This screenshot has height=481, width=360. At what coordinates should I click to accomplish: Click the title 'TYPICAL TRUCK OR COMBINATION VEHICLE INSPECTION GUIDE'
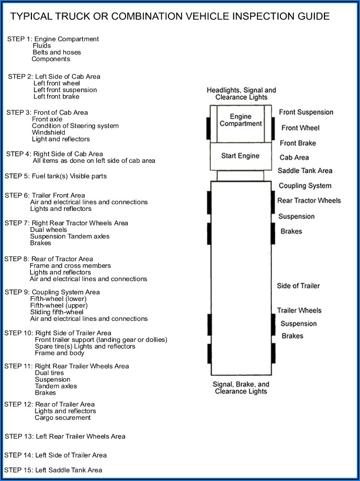point(170,17)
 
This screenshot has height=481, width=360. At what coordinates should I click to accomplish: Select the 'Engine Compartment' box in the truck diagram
point(241,120)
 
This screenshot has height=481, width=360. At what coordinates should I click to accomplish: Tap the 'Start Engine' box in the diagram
point(240,156)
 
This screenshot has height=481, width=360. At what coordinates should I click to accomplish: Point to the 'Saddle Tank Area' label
point(305,171)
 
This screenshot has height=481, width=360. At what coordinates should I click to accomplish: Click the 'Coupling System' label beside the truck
point(305,186)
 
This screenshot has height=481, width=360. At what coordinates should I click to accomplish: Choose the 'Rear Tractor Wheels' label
point(309,200)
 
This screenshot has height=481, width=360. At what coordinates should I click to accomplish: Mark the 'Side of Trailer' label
point(298,286)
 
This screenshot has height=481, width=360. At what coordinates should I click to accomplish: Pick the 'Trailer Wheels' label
point(299,310)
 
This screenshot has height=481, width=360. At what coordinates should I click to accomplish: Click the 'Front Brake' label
point(298,143)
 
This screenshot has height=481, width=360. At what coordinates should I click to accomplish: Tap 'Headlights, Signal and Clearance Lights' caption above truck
point(241,94)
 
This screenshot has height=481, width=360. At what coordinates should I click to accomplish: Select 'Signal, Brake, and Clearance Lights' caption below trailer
point(241,388)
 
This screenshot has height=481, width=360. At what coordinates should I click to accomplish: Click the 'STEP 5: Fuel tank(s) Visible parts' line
point(55,176)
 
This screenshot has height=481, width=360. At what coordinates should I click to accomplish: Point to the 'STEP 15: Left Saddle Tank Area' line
point(53,470)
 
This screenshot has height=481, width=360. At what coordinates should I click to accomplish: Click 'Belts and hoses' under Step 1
point(57,52)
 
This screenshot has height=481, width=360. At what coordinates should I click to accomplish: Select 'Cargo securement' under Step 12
point(63,418)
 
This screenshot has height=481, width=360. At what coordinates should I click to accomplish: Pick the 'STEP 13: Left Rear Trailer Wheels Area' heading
point(65,436)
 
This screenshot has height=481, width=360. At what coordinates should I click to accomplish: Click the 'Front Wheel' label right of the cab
point(300,128)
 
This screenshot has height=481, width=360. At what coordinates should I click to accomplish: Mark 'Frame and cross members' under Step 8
point(70,266)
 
